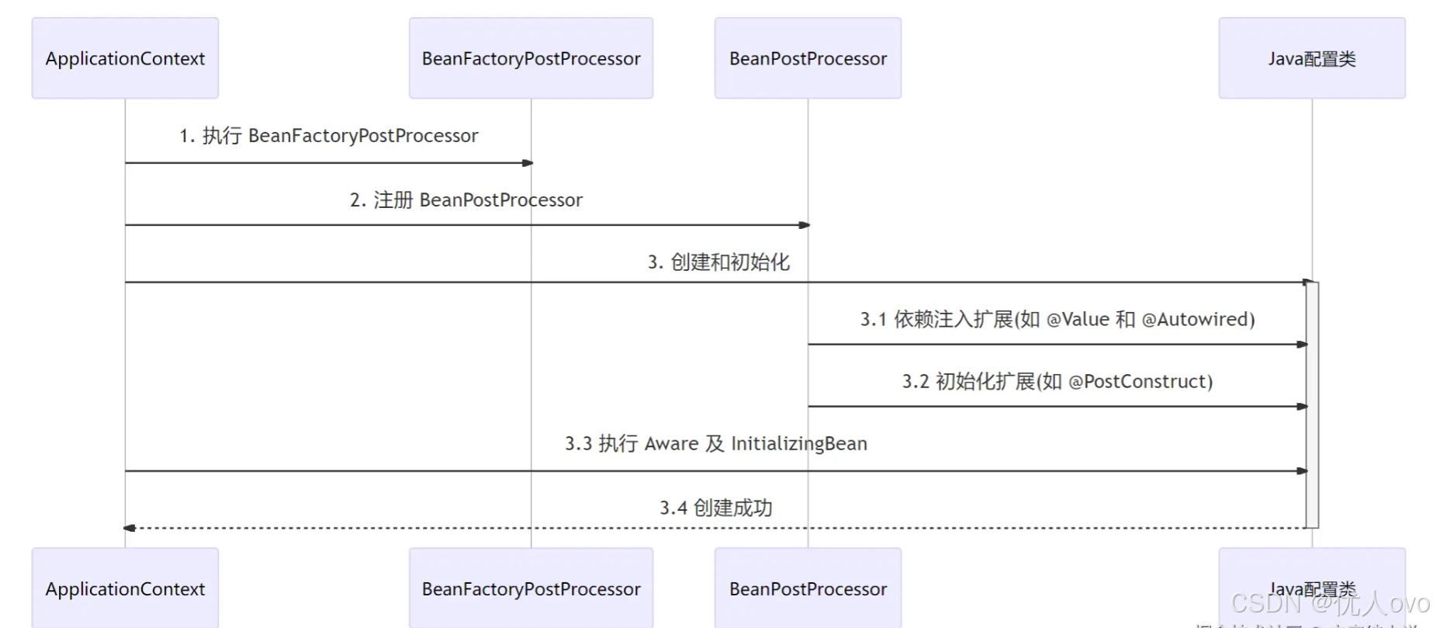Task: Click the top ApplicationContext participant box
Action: click(x=125, y=58)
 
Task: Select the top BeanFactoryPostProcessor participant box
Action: click(x=531, y=58)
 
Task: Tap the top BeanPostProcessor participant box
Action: click(x=808, y=58)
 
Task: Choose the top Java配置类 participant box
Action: click(x=1311, y=58)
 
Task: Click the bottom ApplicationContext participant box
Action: click(x=125, y=588)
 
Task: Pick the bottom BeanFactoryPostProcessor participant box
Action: click(x=531, y=588)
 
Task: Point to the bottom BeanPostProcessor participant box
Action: click(x=808, y=588)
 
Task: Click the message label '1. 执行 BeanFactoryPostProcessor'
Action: click(x=329, y=136)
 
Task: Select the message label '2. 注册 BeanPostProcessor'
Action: click(x=466, y=200)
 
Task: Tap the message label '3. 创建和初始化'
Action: click(x=718, y=262)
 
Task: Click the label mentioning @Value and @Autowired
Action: click(x=1057, y=319)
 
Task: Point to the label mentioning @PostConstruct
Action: click(x=1057, y=381)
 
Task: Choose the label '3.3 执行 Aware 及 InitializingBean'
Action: click(x=715, y=443)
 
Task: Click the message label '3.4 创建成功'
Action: click(x=715, y=508)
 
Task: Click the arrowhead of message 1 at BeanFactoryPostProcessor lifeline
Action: click(x=528, y=163)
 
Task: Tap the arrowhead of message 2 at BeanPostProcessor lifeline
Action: click(x=805, y=225)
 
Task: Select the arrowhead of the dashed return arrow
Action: click(x=130, y=528)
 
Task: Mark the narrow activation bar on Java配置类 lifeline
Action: click(x=1312, y=404)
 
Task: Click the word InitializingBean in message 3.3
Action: click(x=799, y=443)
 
